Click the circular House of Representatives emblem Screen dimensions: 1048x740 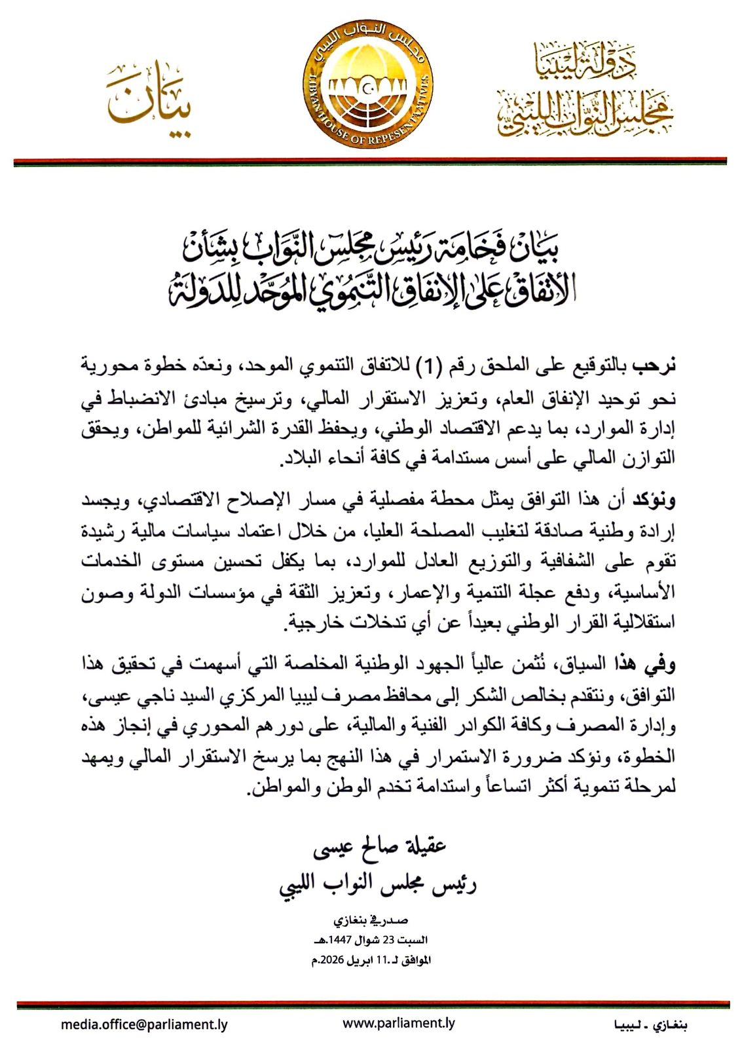[x=371, y=88]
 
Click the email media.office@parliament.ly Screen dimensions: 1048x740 [x=144, y=1024]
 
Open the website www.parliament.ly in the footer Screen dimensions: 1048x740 [x=399, y=1023]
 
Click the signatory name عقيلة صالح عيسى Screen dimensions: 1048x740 [x=379, y=848]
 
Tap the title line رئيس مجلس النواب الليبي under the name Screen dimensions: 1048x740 [x=378, y=884]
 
